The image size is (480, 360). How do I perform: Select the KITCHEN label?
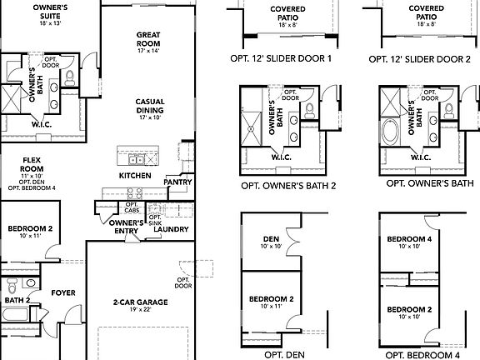tap(134, 176)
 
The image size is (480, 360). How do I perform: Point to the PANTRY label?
tap(177, 181)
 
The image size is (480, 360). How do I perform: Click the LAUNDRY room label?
tap(171, 229)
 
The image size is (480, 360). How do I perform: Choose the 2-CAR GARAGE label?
tap(140, 302)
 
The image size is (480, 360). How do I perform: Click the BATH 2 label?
tap(17, 300)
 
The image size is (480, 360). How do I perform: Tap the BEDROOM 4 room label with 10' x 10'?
tap(405, 240)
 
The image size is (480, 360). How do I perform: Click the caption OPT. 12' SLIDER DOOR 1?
tap(281, 59)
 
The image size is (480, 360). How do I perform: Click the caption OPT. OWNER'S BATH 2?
tap(287, 185)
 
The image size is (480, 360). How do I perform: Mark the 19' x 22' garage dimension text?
tap(140, 310)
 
